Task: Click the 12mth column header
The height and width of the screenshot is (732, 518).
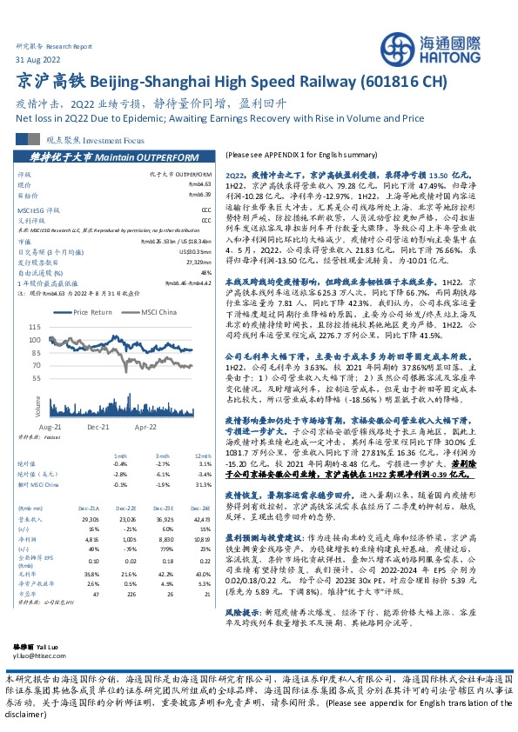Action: click(202, 456)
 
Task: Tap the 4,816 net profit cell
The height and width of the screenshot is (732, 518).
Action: click(91, 539)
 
